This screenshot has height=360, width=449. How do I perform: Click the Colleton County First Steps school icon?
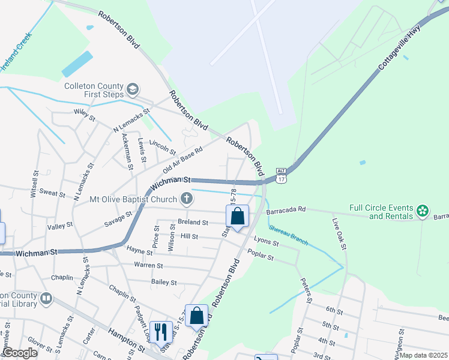(132, 91)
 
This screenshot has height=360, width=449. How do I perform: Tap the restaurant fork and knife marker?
(160, 331)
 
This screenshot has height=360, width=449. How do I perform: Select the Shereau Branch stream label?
(288, 235)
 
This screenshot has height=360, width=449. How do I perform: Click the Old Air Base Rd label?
(183, 159)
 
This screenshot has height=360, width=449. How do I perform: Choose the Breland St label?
(193, 222)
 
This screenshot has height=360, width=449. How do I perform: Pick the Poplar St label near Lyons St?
(261, 256)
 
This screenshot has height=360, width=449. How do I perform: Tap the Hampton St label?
(127, 338)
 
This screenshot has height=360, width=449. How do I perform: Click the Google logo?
(20, 353)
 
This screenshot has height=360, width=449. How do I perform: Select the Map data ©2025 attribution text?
(424, 355)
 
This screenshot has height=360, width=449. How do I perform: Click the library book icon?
(46, 298)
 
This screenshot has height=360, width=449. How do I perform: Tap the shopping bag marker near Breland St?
(238, 216)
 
